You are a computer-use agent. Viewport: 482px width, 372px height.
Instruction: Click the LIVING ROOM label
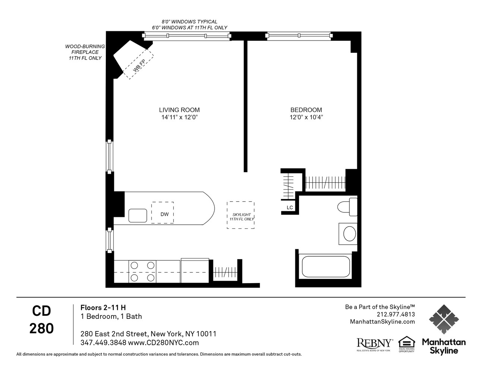(179, 110)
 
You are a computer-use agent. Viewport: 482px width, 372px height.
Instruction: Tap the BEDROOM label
(306, 110)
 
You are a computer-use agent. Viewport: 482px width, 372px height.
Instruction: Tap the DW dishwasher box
(162, 213)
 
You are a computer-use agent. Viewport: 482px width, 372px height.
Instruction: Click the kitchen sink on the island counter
(138, 215)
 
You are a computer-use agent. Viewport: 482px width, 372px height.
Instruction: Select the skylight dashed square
(241, 215)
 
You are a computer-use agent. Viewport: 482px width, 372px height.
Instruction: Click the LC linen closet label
(290, 208)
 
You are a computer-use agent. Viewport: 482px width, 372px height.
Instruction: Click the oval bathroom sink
(349, 234)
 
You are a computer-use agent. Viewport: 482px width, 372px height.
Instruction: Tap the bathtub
(326, 267)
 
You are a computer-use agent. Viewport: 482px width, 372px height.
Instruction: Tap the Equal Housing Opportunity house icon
(406, 343)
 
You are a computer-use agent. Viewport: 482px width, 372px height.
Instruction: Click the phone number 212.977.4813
(396, 314)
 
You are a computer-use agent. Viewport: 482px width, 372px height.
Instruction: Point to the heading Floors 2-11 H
(103, 308)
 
